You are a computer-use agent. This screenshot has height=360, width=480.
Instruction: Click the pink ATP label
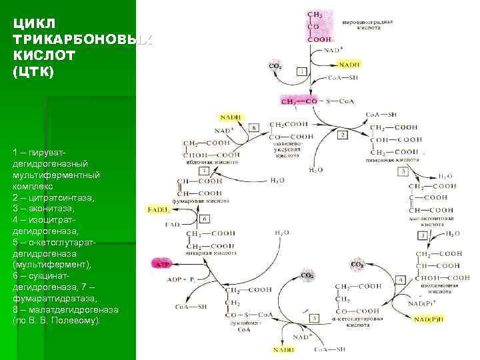click(x=162, y=264)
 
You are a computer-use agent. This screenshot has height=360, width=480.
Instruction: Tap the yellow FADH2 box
click(x=158, y=209)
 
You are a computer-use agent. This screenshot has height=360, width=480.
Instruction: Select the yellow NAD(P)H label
click(x=427, y=319)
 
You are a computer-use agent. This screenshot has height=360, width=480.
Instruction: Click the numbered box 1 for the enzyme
click(x=302, y=71)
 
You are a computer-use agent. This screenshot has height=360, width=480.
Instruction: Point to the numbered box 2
click(x=342, y=135)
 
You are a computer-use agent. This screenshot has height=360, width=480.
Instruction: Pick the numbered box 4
click(x=400, y=279)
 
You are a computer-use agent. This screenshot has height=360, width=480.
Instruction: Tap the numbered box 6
click(x=205, y=218)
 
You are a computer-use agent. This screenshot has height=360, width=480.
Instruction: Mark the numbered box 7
click(x=204, y=171)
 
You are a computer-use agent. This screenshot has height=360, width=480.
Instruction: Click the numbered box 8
click(x=253, y=127)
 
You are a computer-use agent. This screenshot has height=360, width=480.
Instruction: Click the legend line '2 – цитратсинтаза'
click(x=53, y=198)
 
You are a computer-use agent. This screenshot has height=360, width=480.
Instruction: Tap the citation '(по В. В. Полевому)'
click(x=57, y=321)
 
